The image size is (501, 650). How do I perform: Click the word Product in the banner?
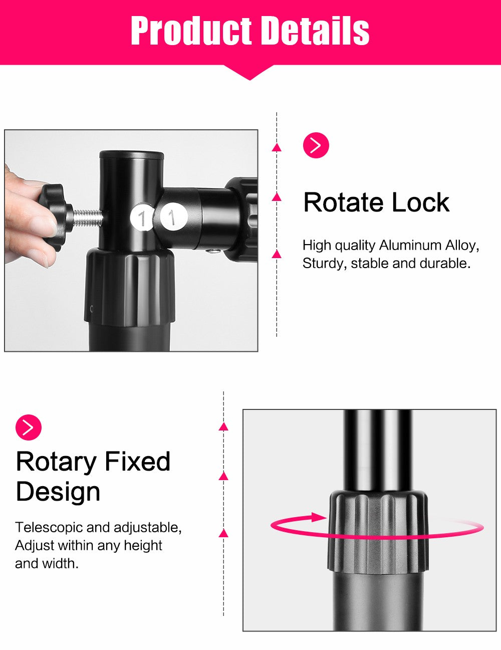click(x=191, y=31)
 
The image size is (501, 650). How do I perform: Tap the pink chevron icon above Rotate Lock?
click(x=316, y=145)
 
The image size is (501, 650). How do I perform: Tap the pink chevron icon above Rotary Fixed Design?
click(x=29, y=427)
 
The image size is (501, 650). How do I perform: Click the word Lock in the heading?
click(x=420, y=202)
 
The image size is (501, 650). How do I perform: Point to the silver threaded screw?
click(x=87, y=218)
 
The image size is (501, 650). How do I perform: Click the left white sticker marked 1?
click(x=141, y=218)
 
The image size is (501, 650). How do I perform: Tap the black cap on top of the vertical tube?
click(x=132, y=155)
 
